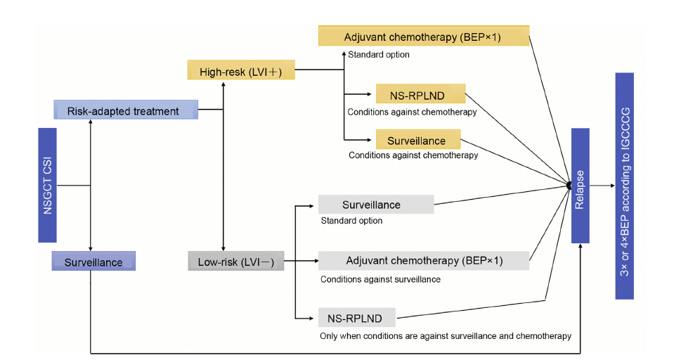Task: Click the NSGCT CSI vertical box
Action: tap(47, 186)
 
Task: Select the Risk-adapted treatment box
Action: tap(126, 110)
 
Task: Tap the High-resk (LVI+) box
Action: tap(241, 70)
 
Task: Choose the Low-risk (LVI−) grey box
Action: tap(236, 261)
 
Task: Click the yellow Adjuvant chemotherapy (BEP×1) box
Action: tap(424, 36)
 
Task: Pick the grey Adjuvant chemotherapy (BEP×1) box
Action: tap(424, 261)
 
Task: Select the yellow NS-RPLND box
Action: tap(421, 94)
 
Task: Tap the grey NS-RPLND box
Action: tap(357, 317)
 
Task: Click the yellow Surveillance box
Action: tap(418, 139)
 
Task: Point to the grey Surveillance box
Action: tap(376, 205)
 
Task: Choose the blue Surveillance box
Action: tap(93, 261)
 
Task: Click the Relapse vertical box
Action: tap(581, 186)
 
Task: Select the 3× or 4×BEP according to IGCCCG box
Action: tap(625, 186)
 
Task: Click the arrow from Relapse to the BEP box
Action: tap(602, 186)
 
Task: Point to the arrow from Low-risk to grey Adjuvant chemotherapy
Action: tap(301, 261)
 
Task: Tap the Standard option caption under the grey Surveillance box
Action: tap(351, 221)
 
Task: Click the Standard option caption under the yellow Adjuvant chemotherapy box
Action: tap(379, 55)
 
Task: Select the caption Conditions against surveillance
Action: tap(380, 280)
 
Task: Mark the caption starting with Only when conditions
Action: tap(446, 336)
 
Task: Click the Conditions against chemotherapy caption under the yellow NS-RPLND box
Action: tap(412, 112)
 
